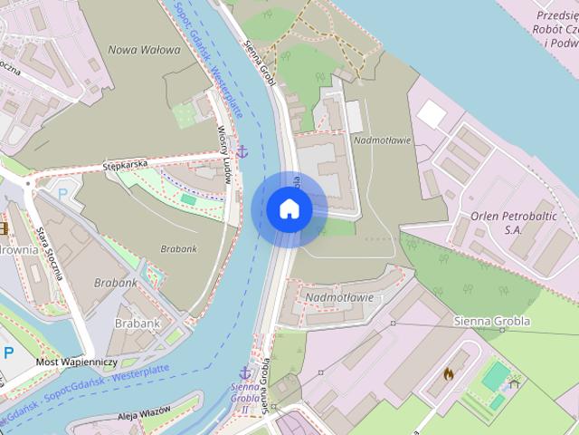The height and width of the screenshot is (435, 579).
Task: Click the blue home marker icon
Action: coord(289,208)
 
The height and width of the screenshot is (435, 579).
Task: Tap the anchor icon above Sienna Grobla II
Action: coord(244,372)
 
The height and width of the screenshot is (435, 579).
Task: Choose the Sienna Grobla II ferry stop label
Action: coord(244,397)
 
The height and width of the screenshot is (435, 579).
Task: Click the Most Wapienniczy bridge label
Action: coord(76,362)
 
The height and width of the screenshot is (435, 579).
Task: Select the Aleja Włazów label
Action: coord(144,413)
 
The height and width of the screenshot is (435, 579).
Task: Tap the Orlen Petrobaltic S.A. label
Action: coord(498,224)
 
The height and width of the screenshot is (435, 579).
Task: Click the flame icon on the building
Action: coord(449,372)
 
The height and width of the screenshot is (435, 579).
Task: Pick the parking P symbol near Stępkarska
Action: coord(62,193)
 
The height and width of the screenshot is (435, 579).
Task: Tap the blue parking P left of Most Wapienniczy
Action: coord(9,353)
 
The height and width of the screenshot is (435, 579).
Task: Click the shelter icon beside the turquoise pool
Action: coord(515,383)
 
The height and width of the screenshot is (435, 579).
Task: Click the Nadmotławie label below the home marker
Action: coord(339,296)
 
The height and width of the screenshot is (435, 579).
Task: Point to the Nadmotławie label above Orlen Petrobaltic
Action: coord(383,140)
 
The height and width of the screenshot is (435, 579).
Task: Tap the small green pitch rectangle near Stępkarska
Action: coord(188,198)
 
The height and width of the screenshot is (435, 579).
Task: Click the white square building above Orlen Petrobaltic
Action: coord(431,114)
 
